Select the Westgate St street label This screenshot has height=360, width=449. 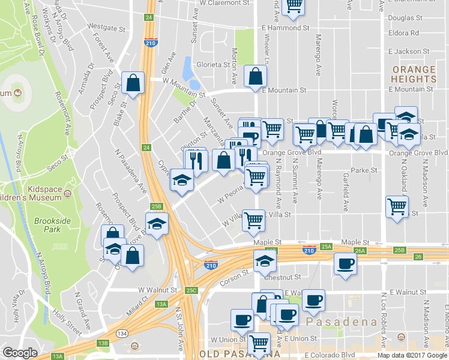click(106, 27)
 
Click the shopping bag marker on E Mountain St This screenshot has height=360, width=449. click(256, 77)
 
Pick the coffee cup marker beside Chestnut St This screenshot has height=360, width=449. click(345, 265)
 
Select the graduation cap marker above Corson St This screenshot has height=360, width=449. click(264, 260)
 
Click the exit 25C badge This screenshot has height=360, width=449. click(191, 290)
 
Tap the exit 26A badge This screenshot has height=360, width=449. click(360, 251)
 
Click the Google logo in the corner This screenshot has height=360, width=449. click(20, 353)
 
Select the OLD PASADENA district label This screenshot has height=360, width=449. click(223, 355)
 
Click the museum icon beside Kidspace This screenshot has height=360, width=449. click(67, 194)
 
